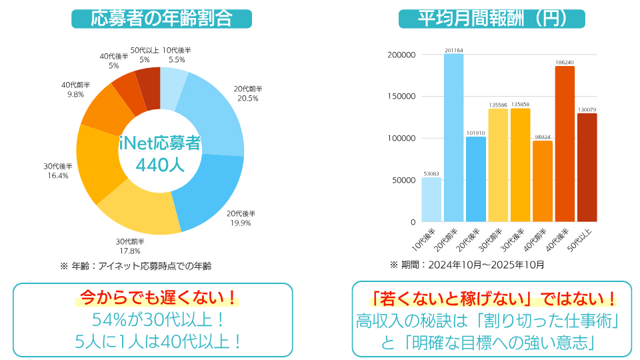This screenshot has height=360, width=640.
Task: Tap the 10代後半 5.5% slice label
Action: [177, 55]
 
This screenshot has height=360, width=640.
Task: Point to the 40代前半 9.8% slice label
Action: [75, 90]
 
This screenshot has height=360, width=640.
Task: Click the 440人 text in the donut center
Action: [160, 165]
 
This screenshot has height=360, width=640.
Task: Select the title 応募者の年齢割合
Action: [161, 19]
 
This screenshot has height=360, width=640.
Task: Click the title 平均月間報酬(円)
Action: [491, 19]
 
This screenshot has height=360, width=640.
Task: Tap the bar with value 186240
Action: [565, 143]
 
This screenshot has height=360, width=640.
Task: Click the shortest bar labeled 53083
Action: [431, 199]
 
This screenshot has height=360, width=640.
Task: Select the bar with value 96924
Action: [543, 181]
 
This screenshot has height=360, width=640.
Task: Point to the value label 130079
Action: [587, 109]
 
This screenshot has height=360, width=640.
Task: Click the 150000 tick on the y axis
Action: [401, 97]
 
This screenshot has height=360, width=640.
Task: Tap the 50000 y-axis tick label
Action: [403, 180]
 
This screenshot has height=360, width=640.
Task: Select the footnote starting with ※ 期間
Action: [467, 265]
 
